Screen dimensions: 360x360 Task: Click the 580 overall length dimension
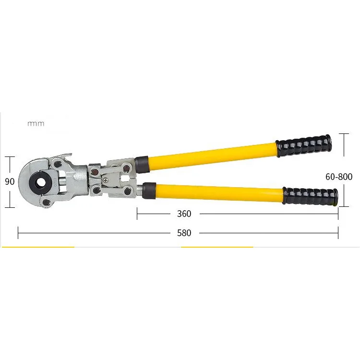click(184, 233)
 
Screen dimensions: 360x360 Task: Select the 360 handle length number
click(184, 214)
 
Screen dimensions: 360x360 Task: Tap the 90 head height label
click(10, 181)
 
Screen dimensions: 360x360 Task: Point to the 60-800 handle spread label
click(339, 177)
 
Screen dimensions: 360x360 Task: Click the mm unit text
click(36, 123)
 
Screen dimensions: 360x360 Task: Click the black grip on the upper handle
click(304, 145)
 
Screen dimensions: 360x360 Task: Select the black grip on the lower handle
click(310, 196)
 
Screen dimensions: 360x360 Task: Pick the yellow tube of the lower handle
click(219, 191)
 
